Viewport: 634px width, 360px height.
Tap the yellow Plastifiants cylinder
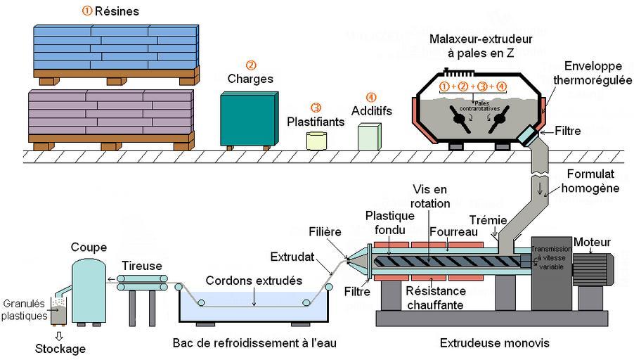point(317,139)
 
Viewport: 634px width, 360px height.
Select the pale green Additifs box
point(368,136)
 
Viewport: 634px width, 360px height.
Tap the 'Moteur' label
point(592,243)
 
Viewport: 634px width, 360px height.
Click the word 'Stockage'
point(62,349)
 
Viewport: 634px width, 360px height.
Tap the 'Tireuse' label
point(142,266)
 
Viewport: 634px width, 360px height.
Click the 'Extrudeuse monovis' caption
point(494,343)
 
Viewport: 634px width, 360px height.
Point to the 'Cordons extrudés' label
point(254,281)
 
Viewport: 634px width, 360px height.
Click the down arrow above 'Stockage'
point(58,336)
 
